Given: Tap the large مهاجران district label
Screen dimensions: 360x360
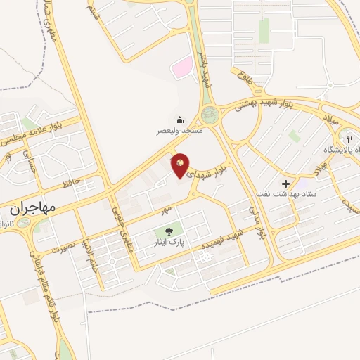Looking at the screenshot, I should (x=33, y=208).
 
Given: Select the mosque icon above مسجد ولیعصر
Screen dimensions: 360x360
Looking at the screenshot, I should (x=179, y=120).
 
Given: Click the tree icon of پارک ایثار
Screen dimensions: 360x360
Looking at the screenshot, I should (x=169, y=231).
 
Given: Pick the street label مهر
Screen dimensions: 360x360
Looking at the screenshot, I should (x=165, y=209).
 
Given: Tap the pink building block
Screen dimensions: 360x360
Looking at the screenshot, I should (x=182, y=68).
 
